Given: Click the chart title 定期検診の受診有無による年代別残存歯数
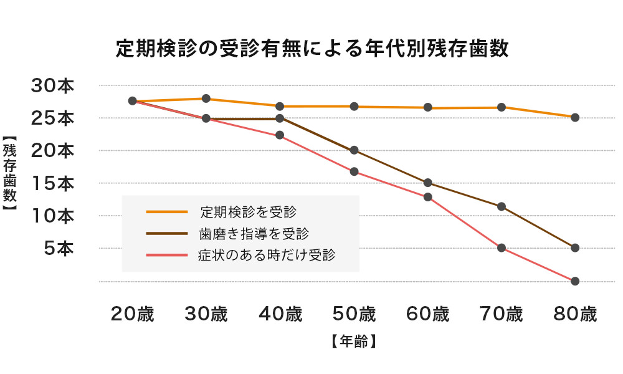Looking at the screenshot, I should pos(312,49).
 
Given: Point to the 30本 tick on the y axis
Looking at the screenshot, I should pos(53,85).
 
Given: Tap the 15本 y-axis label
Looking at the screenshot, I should pos(53,183).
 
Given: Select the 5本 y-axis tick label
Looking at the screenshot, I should pos(59,248).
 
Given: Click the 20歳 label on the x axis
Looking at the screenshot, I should pos(132,314).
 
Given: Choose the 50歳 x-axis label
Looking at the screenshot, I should pos(354,314).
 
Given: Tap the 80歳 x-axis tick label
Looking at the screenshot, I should pos(575,314).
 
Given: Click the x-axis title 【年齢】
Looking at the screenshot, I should pos(353,342).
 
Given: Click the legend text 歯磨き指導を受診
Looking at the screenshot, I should pos(254,233).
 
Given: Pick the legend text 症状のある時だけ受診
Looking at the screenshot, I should pos(267,255).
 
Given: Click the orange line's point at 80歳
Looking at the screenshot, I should pos(575,117).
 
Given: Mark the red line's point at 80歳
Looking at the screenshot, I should pos(575,281).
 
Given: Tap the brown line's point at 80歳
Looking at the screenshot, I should pos(575,247).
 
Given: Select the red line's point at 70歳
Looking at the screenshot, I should pos(502,248).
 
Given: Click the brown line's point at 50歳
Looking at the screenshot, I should pos(354,150).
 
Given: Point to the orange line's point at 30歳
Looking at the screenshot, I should pos(206,98).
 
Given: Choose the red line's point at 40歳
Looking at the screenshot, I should pos(280,135).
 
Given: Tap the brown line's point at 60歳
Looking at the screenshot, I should pos(428,183).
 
